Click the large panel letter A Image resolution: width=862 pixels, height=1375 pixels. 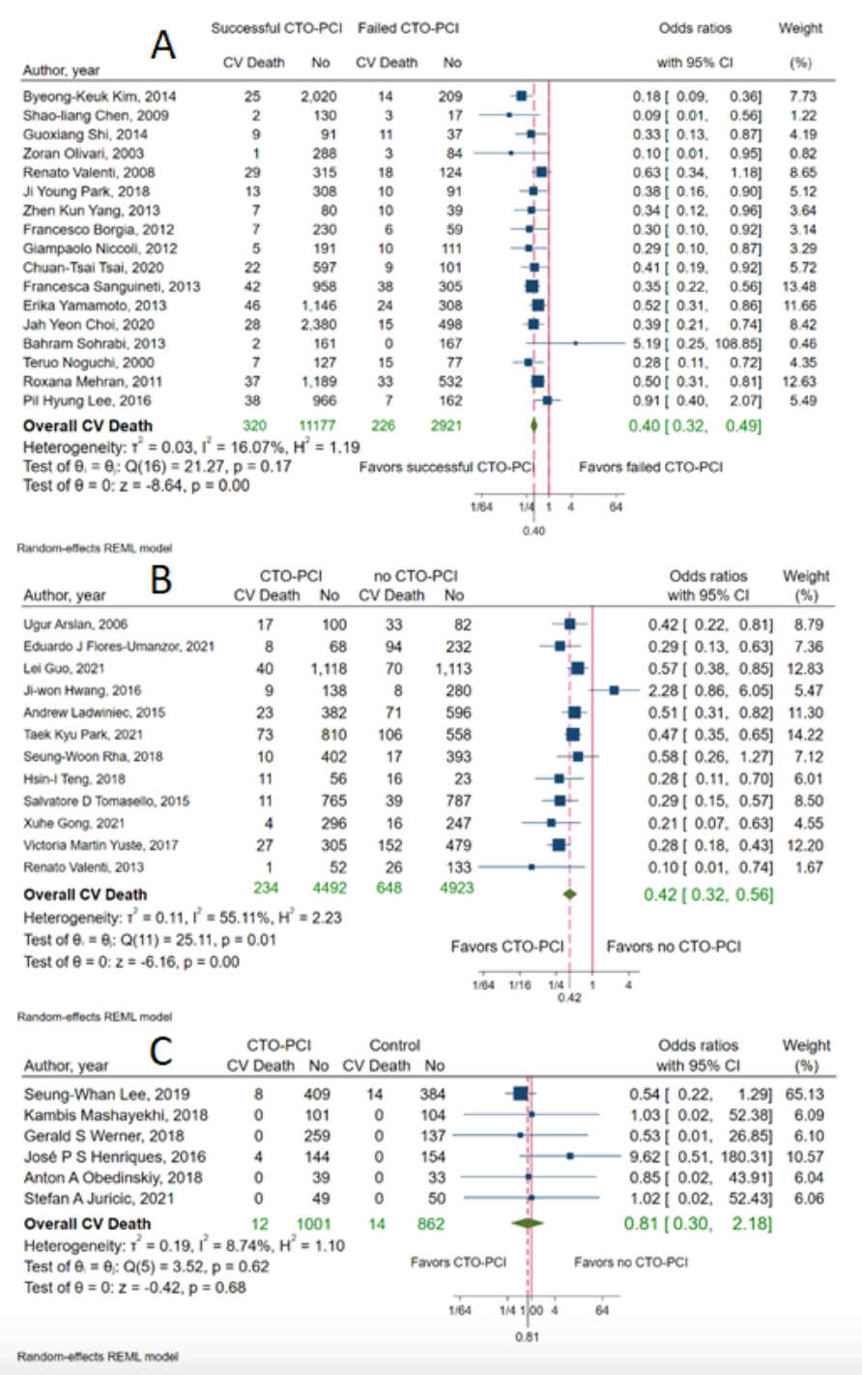162,44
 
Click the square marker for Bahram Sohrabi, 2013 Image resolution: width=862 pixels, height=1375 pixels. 575,343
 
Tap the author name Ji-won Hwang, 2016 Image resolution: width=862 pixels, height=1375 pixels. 82,690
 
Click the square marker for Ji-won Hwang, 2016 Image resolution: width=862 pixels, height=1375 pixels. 615,690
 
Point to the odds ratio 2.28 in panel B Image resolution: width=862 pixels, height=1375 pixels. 660,690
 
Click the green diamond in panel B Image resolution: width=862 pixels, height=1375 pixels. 570,894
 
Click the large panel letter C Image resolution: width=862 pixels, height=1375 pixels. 162,1051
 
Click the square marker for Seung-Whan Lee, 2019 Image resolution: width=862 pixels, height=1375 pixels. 520,1094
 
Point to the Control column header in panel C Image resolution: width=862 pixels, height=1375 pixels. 395,1045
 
